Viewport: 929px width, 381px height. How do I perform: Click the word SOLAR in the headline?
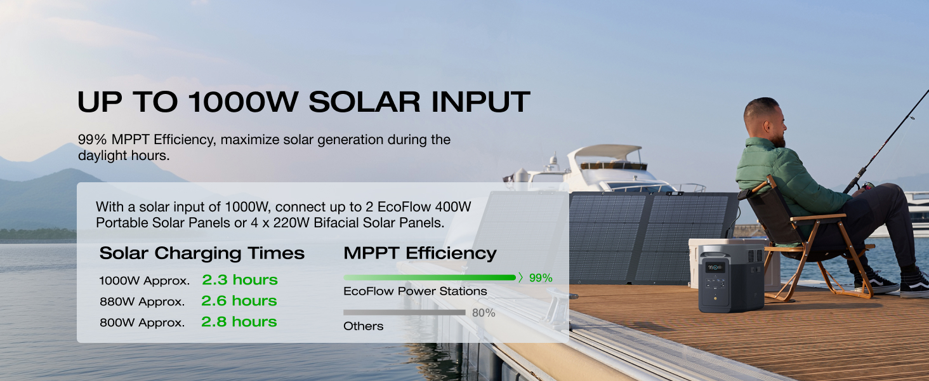(364, 102)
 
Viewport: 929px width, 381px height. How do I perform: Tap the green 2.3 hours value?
(240, 280)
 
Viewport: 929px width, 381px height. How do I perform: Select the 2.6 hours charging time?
(239, 301)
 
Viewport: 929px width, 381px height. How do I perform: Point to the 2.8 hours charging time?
(239, 322)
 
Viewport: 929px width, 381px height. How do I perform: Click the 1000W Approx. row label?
(144, 281)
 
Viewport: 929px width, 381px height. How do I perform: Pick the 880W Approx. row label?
(142, 302)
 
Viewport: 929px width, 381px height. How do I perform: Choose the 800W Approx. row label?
(142, 323)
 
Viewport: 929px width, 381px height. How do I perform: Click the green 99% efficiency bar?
(430, 277)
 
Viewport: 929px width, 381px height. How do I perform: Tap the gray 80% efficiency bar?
(404, 312)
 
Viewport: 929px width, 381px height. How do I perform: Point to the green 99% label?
(541, 278)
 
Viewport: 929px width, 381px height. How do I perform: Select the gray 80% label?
(484, 313)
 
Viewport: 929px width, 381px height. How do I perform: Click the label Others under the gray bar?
(364, 326)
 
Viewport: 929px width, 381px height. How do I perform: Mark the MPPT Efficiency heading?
(419, 253)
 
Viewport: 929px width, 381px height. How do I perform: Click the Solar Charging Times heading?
(202, 253)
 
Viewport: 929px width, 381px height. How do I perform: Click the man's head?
(765, 121)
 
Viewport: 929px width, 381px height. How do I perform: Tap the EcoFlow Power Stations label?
(415, 291)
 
